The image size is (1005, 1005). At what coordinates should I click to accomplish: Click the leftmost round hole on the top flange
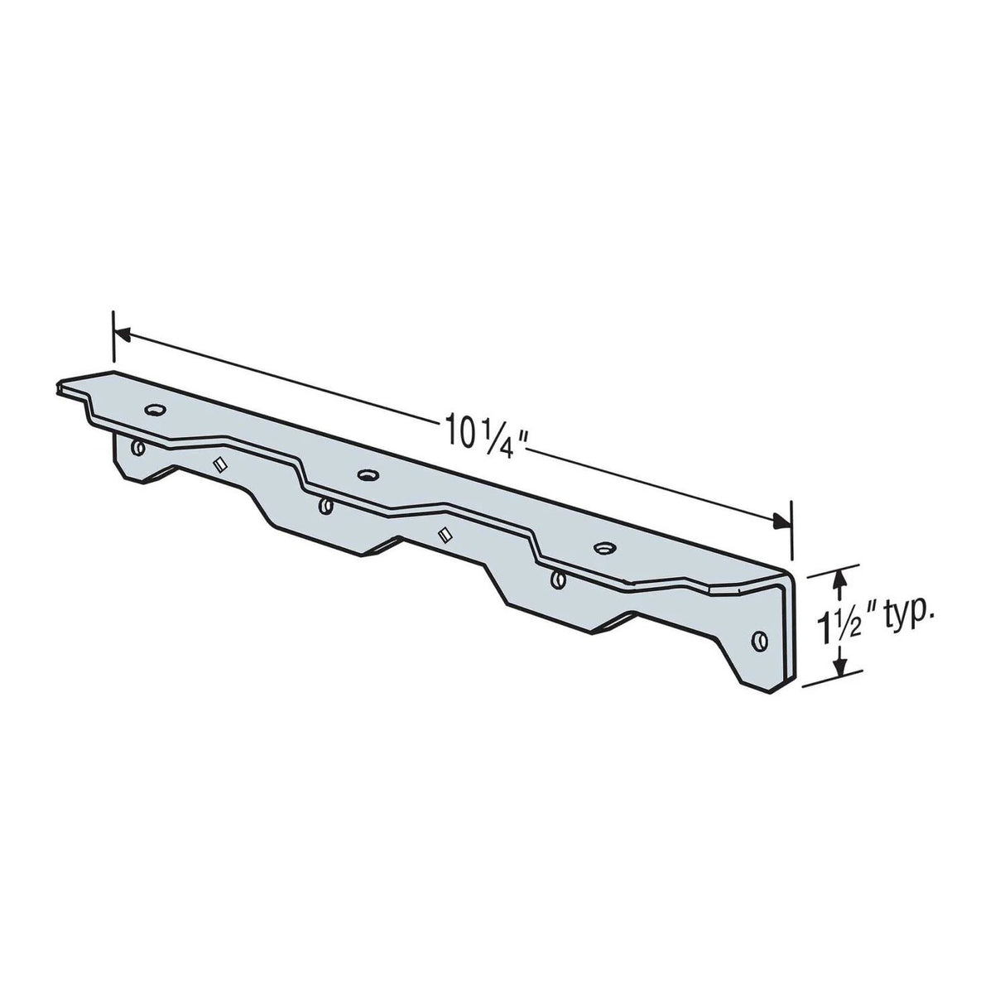[x=155, y=409]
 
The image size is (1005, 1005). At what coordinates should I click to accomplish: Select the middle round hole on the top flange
[x=365, y=474]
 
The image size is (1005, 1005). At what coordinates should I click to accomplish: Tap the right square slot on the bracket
[x=445, y=535]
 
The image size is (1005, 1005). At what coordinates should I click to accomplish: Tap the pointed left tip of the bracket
[x=60, y=385]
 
